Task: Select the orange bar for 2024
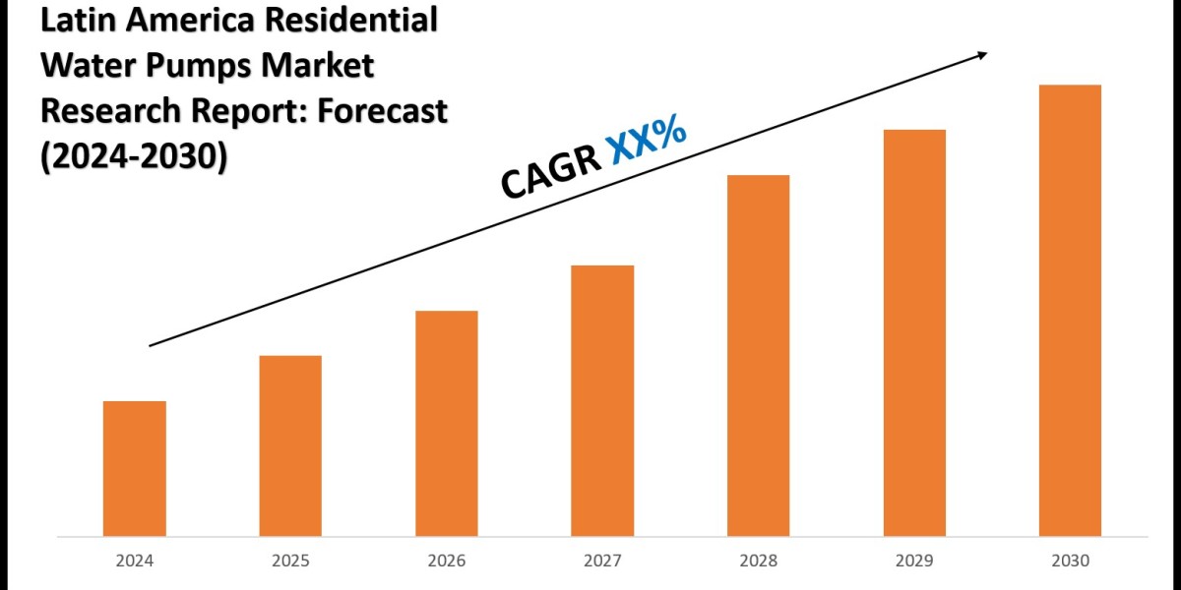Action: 134,469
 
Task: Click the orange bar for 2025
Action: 290,446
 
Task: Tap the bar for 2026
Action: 446,424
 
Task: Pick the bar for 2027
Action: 602,401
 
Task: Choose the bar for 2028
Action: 758,356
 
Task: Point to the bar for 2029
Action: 914,333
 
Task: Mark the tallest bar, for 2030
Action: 1070,311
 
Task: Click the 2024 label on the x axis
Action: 134,561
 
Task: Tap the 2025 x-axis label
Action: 290,561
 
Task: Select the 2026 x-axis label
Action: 446,561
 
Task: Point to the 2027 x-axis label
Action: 602,561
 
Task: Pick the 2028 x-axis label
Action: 758,561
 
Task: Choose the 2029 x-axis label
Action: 914,561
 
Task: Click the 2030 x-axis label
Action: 1070,561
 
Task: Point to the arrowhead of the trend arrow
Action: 981,56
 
